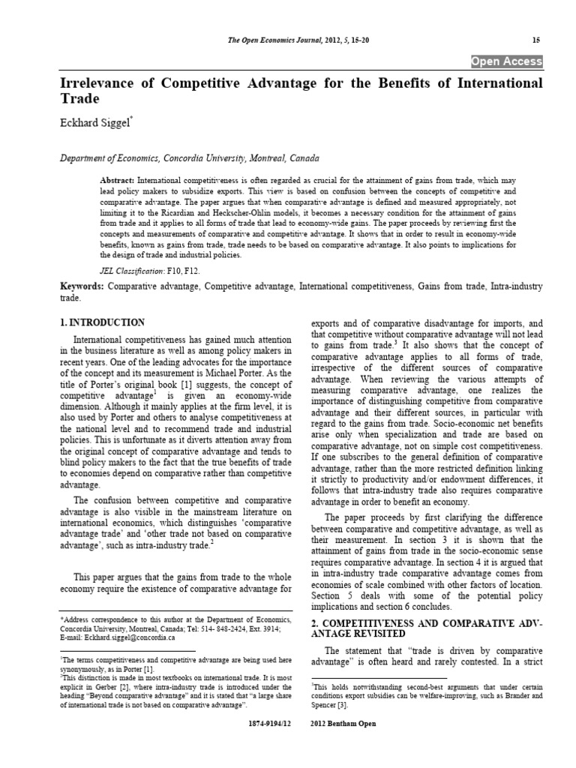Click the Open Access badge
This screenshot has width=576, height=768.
(506, 61)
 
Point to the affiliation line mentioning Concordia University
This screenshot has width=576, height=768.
(178, 158)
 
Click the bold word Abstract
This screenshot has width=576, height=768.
(117, 182)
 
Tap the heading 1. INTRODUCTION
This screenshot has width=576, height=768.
(102, 322)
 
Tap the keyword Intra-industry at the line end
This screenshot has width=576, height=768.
(514, 287)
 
